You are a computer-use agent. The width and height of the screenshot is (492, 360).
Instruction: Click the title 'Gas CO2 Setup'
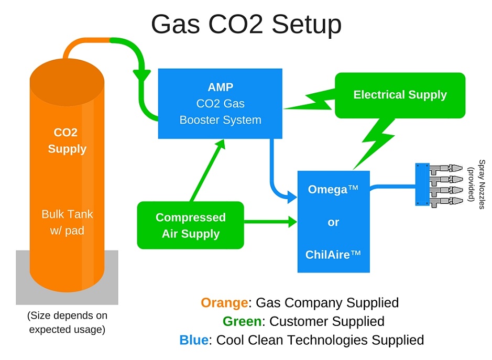coord(246,24)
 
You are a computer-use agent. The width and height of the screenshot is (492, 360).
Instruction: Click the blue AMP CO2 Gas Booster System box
coord(220,104)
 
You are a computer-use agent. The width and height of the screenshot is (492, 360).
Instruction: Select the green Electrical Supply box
coord(400,95)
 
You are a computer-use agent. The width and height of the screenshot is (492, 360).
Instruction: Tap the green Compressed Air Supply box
coord(190,225)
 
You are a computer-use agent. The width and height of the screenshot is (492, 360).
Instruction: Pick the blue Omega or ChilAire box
coord(333,222)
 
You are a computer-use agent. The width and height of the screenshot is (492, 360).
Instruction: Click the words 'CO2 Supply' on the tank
coord(67,141)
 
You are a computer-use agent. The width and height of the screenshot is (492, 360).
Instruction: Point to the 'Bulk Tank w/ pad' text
coord(67,222)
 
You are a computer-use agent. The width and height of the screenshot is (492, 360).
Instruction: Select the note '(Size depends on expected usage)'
coord(67,322)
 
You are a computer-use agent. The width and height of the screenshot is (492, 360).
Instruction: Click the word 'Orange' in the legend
coord(224,303)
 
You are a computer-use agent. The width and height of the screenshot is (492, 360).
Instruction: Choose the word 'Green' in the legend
coord(243,321)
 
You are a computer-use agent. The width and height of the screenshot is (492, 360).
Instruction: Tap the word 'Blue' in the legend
coord(194,340)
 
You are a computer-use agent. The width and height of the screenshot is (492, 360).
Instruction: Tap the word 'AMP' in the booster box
coord(220,87)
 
